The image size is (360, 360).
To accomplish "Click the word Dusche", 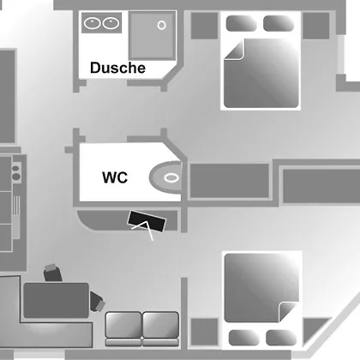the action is pos(117,68).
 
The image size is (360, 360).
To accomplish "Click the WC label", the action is pos(115,177).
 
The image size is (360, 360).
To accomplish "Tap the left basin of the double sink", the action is pos(92,23).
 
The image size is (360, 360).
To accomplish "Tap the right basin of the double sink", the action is pos(111,23).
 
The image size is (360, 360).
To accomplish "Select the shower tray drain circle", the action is pos(162,26).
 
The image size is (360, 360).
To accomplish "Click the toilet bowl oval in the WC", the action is pos(171,177).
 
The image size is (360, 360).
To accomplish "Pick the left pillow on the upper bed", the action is pos(241,23).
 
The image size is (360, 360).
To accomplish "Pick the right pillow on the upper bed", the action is pos(279,23).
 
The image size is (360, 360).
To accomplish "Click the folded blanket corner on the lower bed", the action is pos(288,311).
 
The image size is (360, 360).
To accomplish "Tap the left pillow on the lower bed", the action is pos(244,338).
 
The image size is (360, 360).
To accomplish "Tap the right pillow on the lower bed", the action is pos(281,338).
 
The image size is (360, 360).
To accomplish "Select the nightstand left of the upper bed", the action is pos(204,26).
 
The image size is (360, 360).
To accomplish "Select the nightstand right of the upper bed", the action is pos(316,26).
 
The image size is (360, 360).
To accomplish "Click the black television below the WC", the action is pos(147,221).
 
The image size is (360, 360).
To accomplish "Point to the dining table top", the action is pos(56,301).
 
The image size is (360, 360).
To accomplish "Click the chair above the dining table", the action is pos(53,273).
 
